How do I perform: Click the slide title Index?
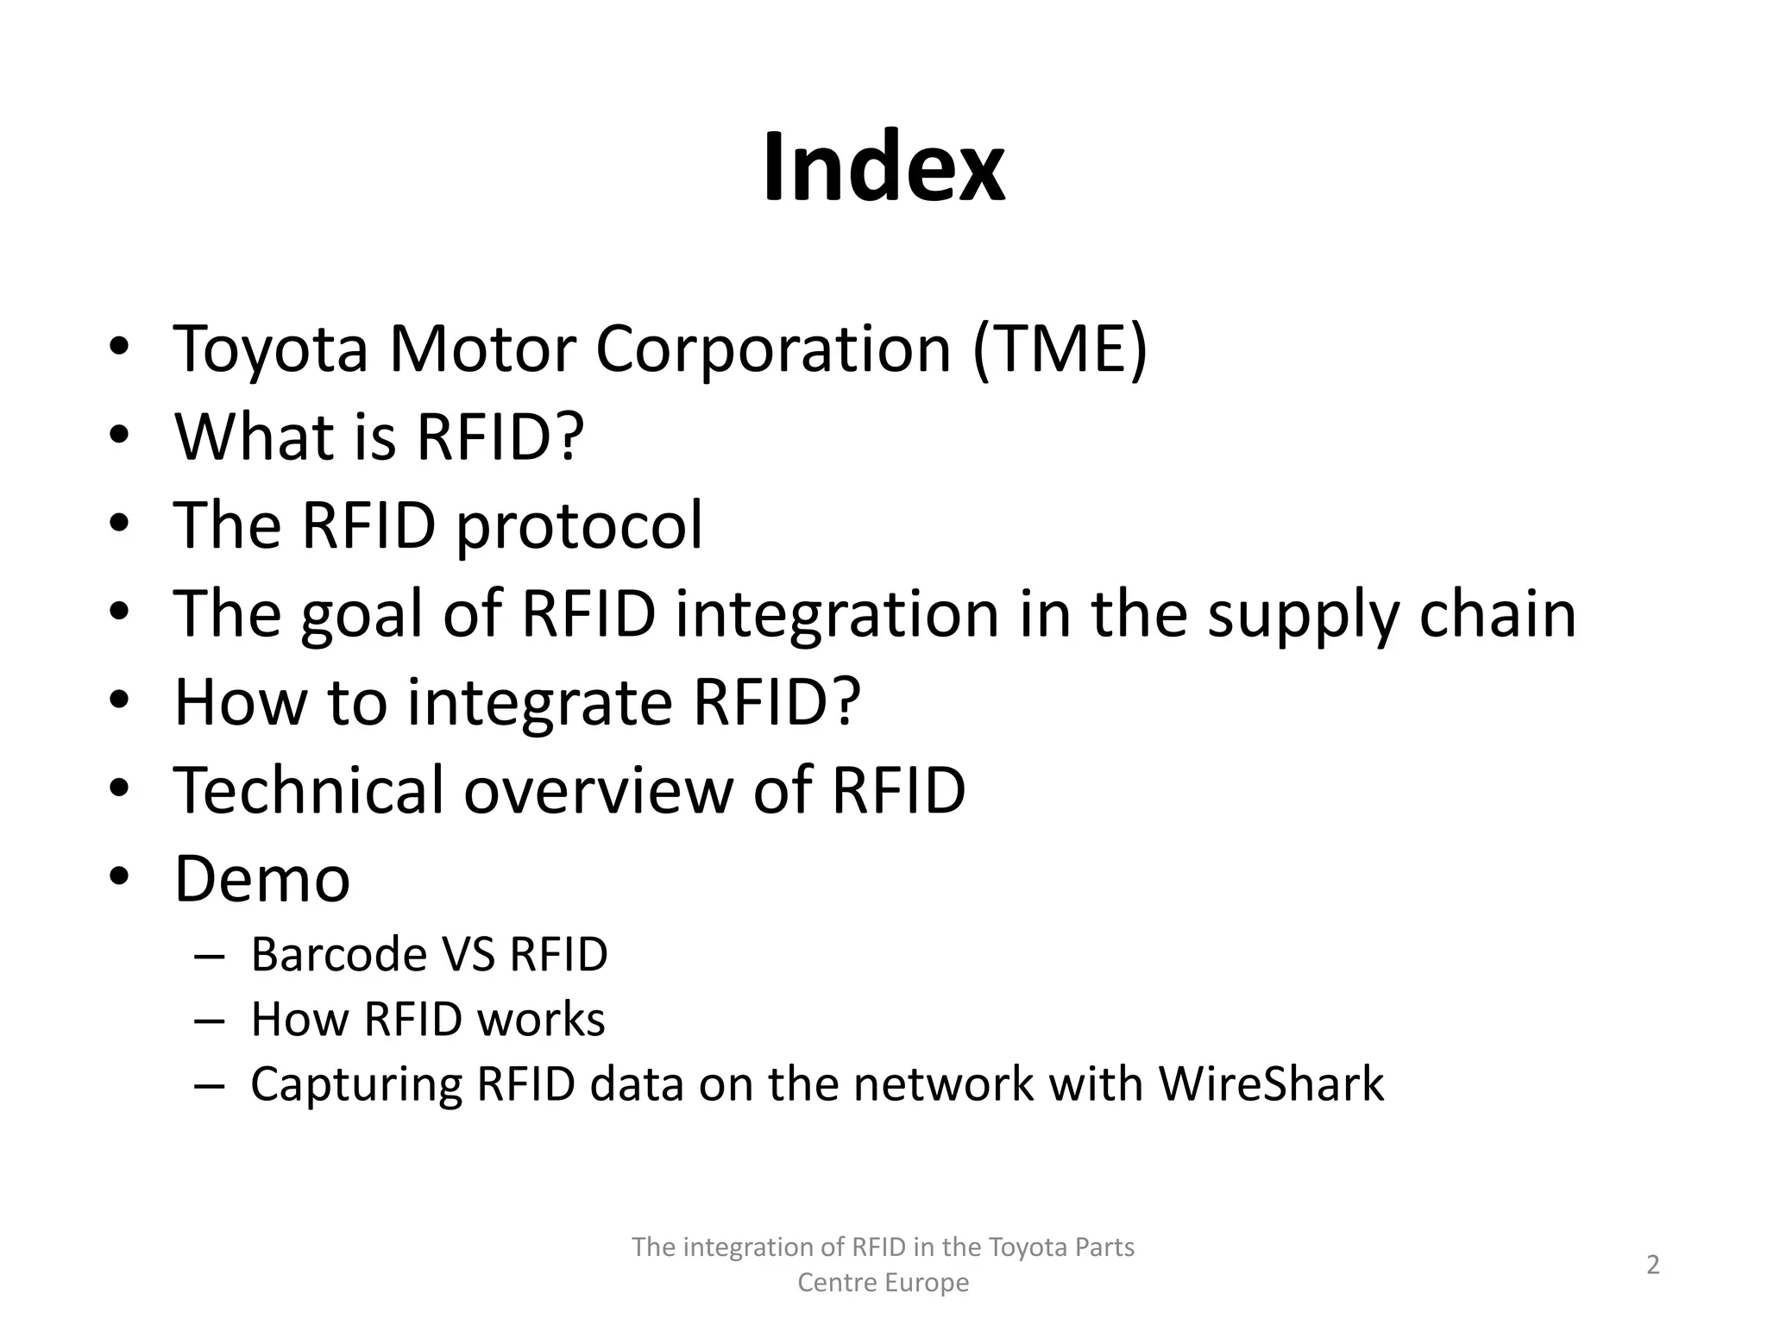[883, 167]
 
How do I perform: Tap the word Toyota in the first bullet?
[271, 349]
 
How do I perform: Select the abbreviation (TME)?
[1060, 349]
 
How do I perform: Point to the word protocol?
[579, 526]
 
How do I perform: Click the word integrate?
[539, 703]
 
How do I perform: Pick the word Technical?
[308, 790]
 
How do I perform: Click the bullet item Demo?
[262, 879]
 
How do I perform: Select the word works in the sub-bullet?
[541, 1019]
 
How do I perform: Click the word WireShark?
[1271, 1083]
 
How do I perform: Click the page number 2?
[1653, 1265]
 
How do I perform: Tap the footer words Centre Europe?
[883, 1283]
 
